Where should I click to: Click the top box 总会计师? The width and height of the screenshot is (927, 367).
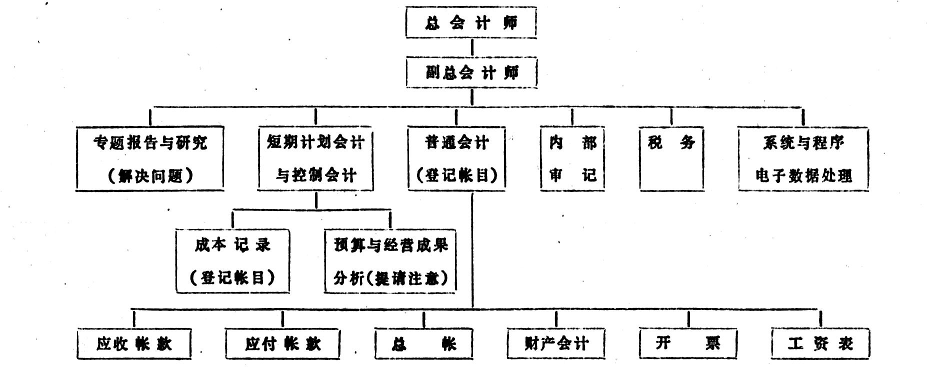[x=471, y=22]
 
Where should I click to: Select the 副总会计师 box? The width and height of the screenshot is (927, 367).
[x=471, y=73]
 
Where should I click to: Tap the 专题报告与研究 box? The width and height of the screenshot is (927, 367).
[x=149, y=158]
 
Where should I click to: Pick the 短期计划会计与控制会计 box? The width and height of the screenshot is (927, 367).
[x=315, y=158]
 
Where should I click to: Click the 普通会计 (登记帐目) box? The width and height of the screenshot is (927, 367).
[x=456, y=158]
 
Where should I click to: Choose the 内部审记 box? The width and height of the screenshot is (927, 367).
[x=572, y=158]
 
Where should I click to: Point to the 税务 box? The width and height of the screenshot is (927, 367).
[x=671, y=158]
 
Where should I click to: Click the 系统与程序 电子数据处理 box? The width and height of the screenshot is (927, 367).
[x=803, y=158]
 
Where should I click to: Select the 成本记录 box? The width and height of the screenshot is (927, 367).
[x=233, y=260]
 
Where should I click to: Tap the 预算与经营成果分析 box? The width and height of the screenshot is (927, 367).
[x=390, y=260]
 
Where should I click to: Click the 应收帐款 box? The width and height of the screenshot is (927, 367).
[x=134, y=343]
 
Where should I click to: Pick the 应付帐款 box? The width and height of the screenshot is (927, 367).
[x=282, y=343]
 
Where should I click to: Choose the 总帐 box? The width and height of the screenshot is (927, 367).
[x=424, y=343]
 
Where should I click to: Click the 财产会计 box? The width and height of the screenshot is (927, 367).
[x=556, y=343]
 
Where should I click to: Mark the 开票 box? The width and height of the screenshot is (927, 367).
[x=688, y=343]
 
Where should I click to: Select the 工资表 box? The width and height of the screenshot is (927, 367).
[x=820, y=343]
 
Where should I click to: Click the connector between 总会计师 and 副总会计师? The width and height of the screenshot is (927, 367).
[x=471, y=47]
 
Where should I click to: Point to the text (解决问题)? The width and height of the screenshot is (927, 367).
[x=150, y=176]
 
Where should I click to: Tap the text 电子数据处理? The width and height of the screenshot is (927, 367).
[x=803, y=175]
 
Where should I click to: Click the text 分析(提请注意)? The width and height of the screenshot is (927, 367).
[x=390, y=277]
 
